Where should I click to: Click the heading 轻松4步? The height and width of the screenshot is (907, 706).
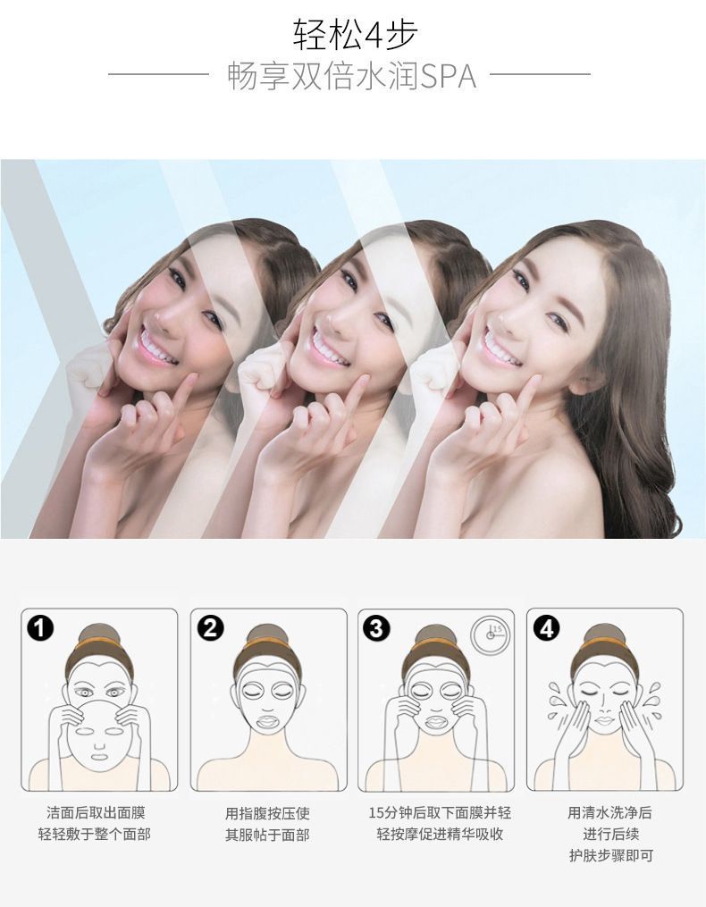tap(354, 34)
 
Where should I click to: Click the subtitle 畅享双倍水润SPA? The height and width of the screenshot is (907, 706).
tap(352, 76)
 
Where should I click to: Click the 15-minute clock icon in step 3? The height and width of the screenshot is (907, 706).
tap(490, 634)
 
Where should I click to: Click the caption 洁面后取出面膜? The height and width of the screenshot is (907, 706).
tap(96, 812)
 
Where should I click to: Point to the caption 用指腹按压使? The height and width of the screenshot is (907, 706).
tap(267, 812)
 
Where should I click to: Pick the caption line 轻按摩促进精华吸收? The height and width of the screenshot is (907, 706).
tap(440, 834)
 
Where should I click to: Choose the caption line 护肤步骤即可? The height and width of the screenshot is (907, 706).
tap(611, 855)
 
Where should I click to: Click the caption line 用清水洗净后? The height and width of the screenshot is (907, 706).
tap(610, 812)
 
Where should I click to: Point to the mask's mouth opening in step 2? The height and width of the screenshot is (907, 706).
tap(267, 723)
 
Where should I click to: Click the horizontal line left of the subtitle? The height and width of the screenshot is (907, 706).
tap(158, 74)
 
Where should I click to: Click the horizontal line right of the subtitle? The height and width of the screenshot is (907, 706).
tap(540, 74)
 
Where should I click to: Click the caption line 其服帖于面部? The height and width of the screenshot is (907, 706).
tap(267, 834)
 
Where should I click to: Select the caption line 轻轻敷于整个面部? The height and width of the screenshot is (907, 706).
tap(95, 834)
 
